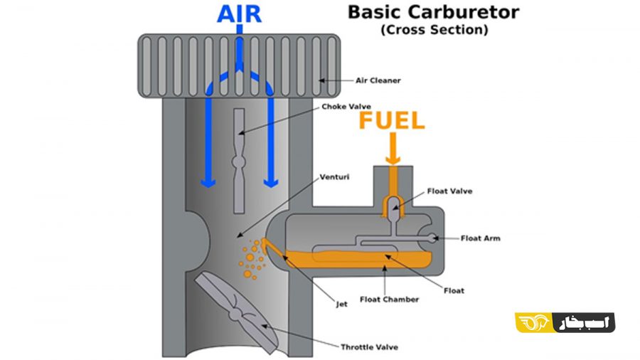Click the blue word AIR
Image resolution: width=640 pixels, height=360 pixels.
[x=239, y=14]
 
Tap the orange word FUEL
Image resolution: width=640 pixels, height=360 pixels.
[x=392, y=121]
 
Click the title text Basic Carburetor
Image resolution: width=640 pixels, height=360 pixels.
[x=434, y=12]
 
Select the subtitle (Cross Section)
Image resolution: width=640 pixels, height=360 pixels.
[x=434, y=30]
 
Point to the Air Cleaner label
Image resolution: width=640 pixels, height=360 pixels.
[x=378, y=80]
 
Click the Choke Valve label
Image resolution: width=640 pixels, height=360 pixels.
[x=346, y=107]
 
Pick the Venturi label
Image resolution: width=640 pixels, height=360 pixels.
[x=334, y=177]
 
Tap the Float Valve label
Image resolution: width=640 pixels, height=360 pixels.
[x=449, y=191]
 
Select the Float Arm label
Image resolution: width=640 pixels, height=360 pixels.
[x=481, y=238]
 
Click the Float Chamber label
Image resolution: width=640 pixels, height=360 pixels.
[x=390, y=300]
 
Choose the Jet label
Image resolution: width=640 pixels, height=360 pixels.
[x=341, y=304]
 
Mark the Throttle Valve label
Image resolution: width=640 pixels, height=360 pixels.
[x=369, y=347]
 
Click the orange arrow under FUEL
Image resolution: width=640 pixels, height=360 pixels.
[x=393, y=149]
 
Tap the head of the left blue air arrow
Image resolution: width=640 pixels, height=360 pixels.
[x=208, y=182]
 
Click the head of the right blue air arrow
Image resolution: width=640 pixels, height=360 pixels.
[x=271, y=182]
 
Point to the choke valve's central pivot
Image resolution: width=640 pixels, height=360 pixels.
[x=239, y=162]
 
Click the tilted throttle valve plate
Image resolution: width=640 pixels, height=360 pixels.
[x=236, y=313]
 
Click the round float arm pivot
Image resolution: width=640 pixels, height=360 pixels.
[x=432, y=238]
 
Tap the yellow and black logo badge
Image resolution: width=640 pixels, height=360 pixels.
[x=565, y=322]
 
